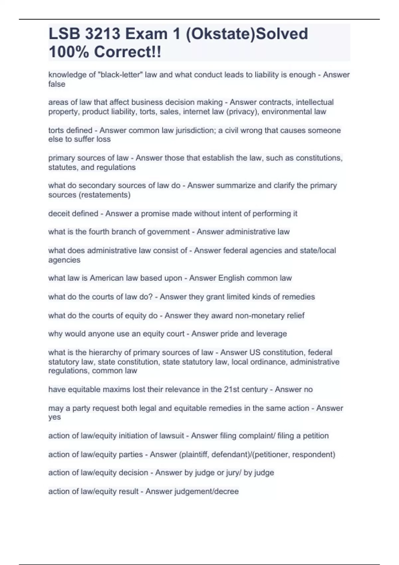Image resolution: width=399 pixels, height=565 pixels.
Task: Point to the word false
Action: point(57,84)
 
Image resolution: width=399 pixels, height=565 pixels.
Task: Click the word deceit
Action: point(58,213)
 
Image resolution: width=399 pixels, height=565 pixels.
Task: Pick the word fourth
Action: point(99,232)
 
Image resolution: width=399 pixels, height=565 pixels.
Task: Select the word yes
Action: point(55,417)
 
